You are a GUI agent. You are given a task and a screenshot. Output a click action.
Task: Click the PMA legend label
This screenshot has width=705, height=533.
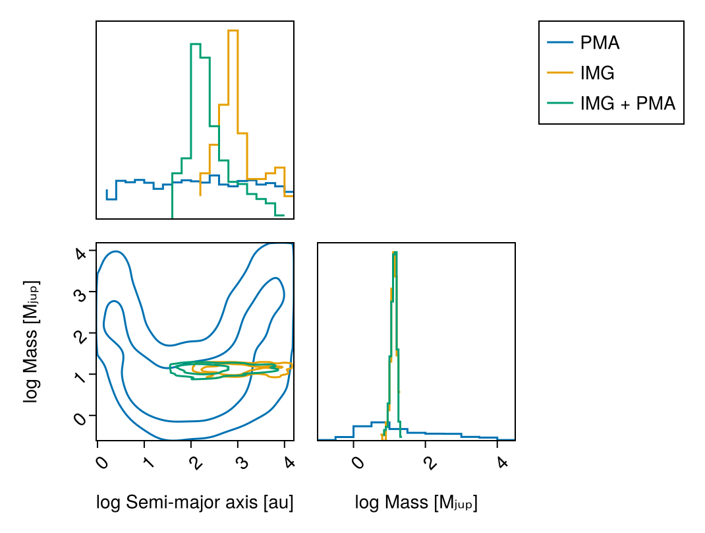point(600,43)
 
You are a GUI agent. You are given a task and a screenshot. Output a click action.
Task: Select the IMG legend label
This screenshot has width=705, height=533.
point(597,73)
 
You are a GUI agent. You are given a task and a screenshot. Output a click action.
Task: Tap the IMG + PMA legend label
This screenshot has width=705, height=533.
point(628,104)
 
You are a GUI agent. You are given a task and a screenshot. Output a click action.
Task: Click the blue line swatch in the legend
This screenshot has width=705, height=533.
point(560,43)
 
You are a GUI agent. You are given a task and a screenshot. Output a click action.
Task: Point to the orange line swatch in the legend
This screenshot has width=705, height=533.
point(560,73)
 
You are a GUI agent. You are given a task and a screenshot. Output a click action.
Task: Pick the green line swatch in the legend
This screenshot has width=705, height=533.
point(560,103)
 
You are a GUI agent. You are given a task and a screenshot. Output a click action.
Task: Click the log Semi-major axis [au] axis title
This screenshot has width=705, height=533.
point(194,503)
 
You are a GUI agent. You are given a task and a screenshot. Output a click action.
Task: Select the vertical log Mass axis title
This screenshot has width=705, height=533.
point(31,341)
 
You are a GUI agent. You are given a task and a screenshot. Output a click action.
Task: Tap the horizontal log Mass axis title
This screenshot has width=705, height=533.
point(416,503)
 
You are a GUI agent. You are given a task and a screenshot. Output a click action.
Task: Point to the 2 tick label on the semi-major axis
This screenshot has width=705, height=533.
point(196,462)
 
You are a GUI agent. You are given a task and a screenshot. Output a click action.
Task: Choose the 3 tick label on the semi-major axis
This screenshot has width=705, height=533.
point(243,462)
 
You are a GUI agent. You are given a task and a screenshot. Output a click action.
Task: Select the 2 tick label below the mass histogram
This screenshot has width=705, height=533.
point(430,462)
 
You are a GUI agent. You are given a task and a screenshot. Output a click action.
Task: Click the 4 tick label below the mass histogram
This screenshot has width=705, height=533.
point(502,462)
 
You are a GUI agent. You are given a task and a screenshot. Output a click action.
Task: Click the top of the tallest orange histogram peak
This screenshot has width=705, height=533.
point(233,30)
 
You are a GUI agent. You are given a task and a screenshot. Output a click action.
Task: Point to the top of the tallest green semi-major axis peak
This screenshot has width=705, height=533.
point(196,44)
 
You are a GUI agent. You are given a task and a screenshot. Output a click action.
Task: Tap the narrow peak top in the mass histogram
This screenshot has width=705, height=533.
point(395,252)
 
